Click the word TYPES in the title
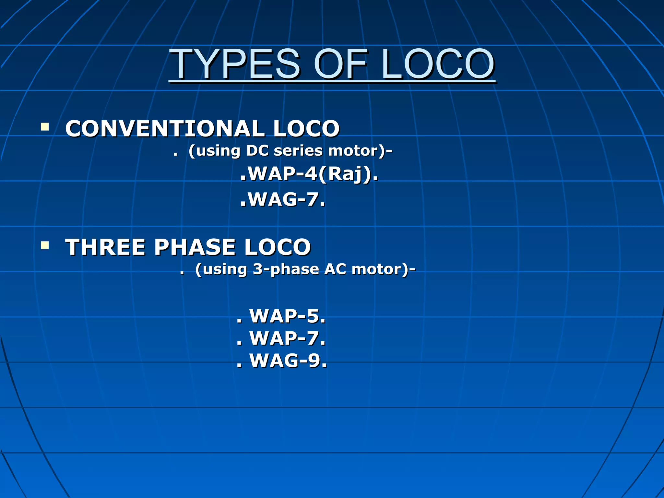[x=235, y=64]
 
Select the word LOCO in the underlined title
[x=438, y=64]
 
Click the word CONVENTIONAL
[x=165, y=128]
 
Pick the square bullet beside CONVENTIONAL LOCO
[x=45, y=126]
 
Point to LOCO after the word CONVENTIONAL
[x=306, y=128]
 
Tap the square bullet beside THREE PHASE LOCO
[x=45, y=245]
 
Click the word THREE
[x=105, y=247]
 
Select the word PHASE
[x=195, y=247]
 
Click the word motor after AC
[x=376, y=269]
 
